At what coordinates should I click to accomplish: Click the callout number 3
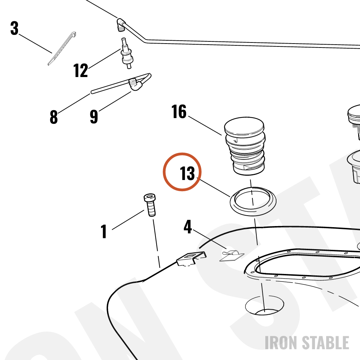point(14,28)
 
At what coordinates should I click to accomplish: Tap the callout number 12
point(81,70)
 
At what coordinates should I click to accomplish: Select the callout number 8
point(54,117)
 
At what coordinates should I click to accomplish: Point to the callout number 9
point(94,117)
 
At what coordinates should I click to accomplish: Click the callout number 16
point(179,112)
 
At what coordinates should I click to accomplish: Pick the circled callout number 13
point(187,174)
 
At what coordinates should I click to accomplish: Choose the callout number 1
point(104,231)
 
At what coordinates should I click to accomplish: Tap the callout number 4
point(188,227)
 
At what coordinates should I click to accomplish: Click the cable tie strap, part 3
point(62,49)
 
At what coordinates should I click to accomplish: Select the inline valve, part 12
point(127,54)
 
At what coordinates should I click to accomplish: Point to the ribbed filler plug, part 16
point(245,146)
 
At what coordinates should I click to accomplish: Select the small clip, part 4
point(232,256)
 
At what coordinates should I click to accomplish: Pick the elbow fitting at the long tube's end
point(121,24)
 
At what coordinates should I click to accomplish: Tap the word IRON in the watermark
point(282,343)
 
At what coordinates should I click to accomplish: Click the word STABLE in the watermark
point(325,343)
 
